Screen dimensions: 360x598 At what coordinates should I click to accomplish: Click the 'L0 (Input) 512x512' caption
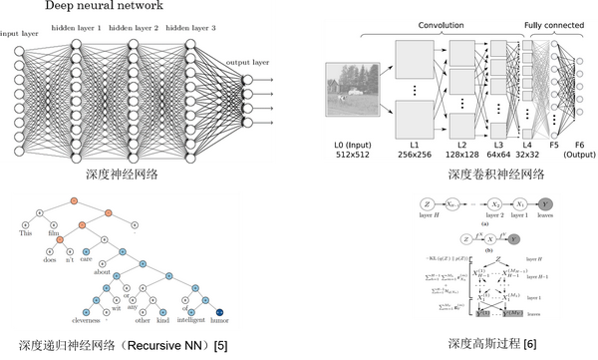click(353, 150)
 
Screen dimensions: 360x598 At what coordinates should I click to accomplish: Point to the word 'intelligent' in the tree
click(186, 323)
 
